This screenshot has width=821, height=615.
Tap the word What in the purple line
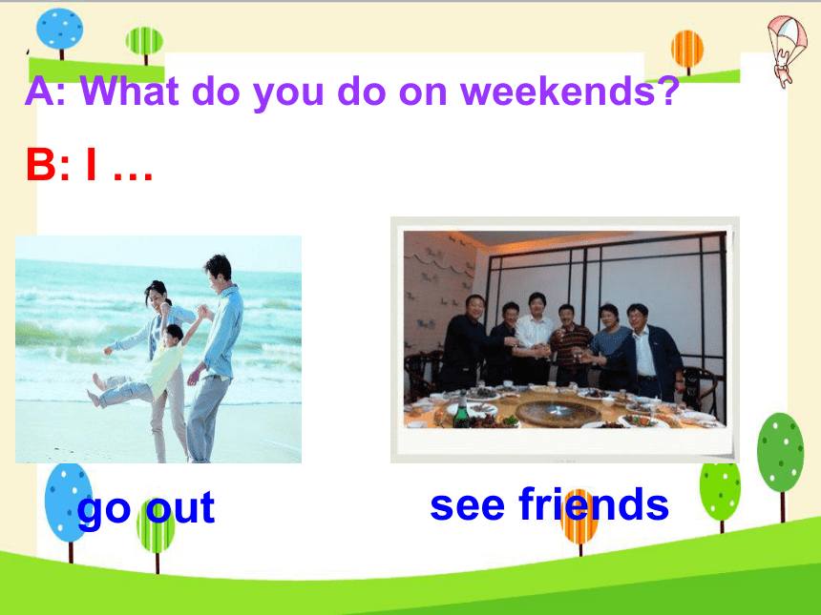point(129,91)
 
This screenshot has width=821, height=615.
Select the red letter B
point(41,164)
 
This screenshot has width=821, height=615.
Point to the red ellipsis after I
point(133,176)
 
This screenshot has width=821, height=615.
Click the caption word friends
point(594,504)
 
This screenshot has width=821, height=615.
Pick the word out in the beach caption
point(180,506)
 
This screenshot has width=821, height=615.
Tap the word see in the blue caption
point(467,506)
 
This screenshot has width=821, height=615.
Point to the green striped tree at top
point(144,45)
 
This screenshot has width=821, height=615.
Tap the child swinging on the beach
point(141,360)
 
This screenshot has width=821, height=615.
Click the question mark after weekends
point(667,91)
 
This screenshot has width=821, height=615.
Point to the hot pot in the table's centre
point(558,411)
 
